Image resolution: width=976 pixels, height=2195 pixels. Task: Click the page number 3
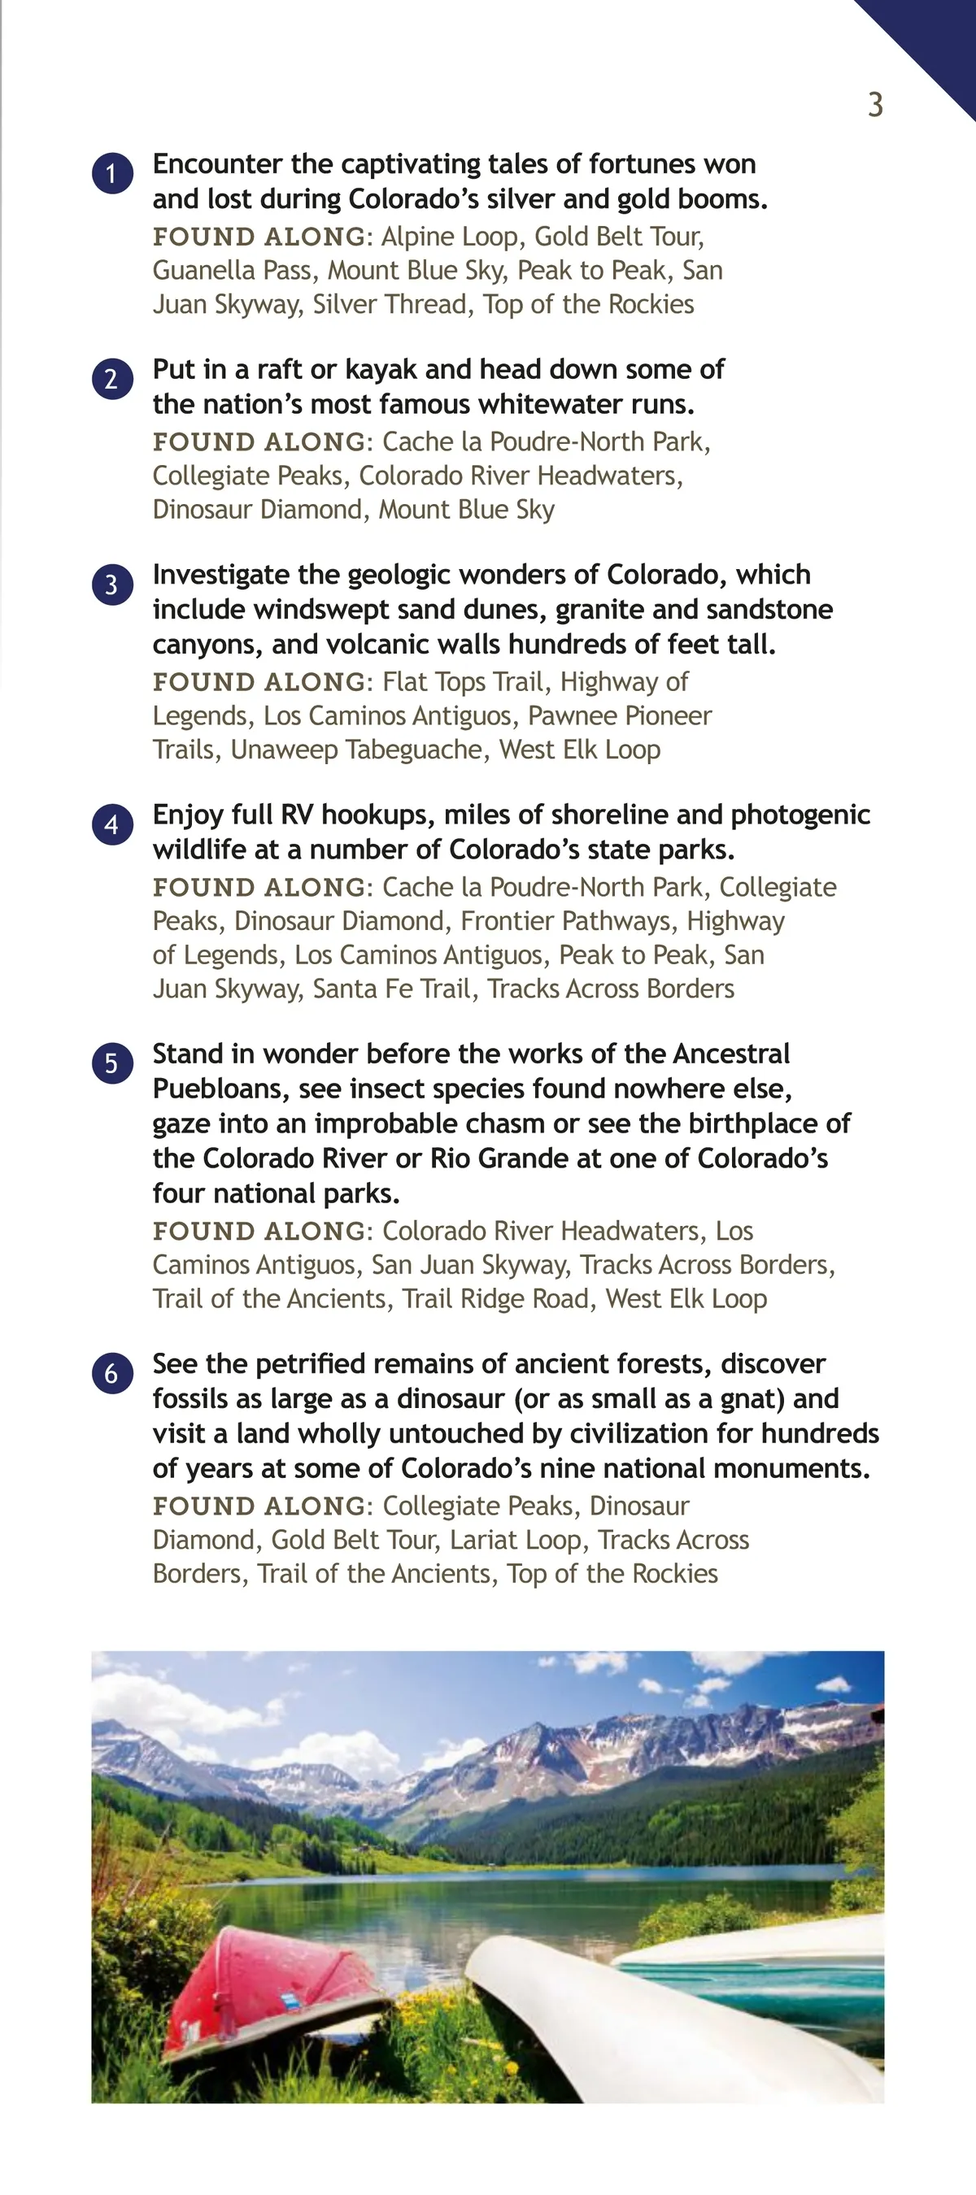875,105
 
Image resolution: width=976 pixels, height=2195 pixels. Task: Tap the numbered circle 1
112,174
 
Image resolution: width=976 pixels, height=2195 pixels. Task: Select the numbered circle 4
112,825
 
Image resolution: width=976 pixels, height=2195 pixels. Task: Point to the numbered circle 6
112,1374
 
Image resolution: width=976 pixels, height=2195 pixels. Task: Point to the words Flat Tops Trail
462,682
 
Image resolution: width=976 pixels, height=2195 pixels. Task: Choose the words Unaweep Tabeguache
358,750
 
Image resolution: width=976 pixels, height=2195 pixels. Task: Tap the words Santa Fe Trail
391,989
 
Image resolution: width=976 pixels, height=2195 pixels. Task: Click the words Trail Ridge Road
495,1298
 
